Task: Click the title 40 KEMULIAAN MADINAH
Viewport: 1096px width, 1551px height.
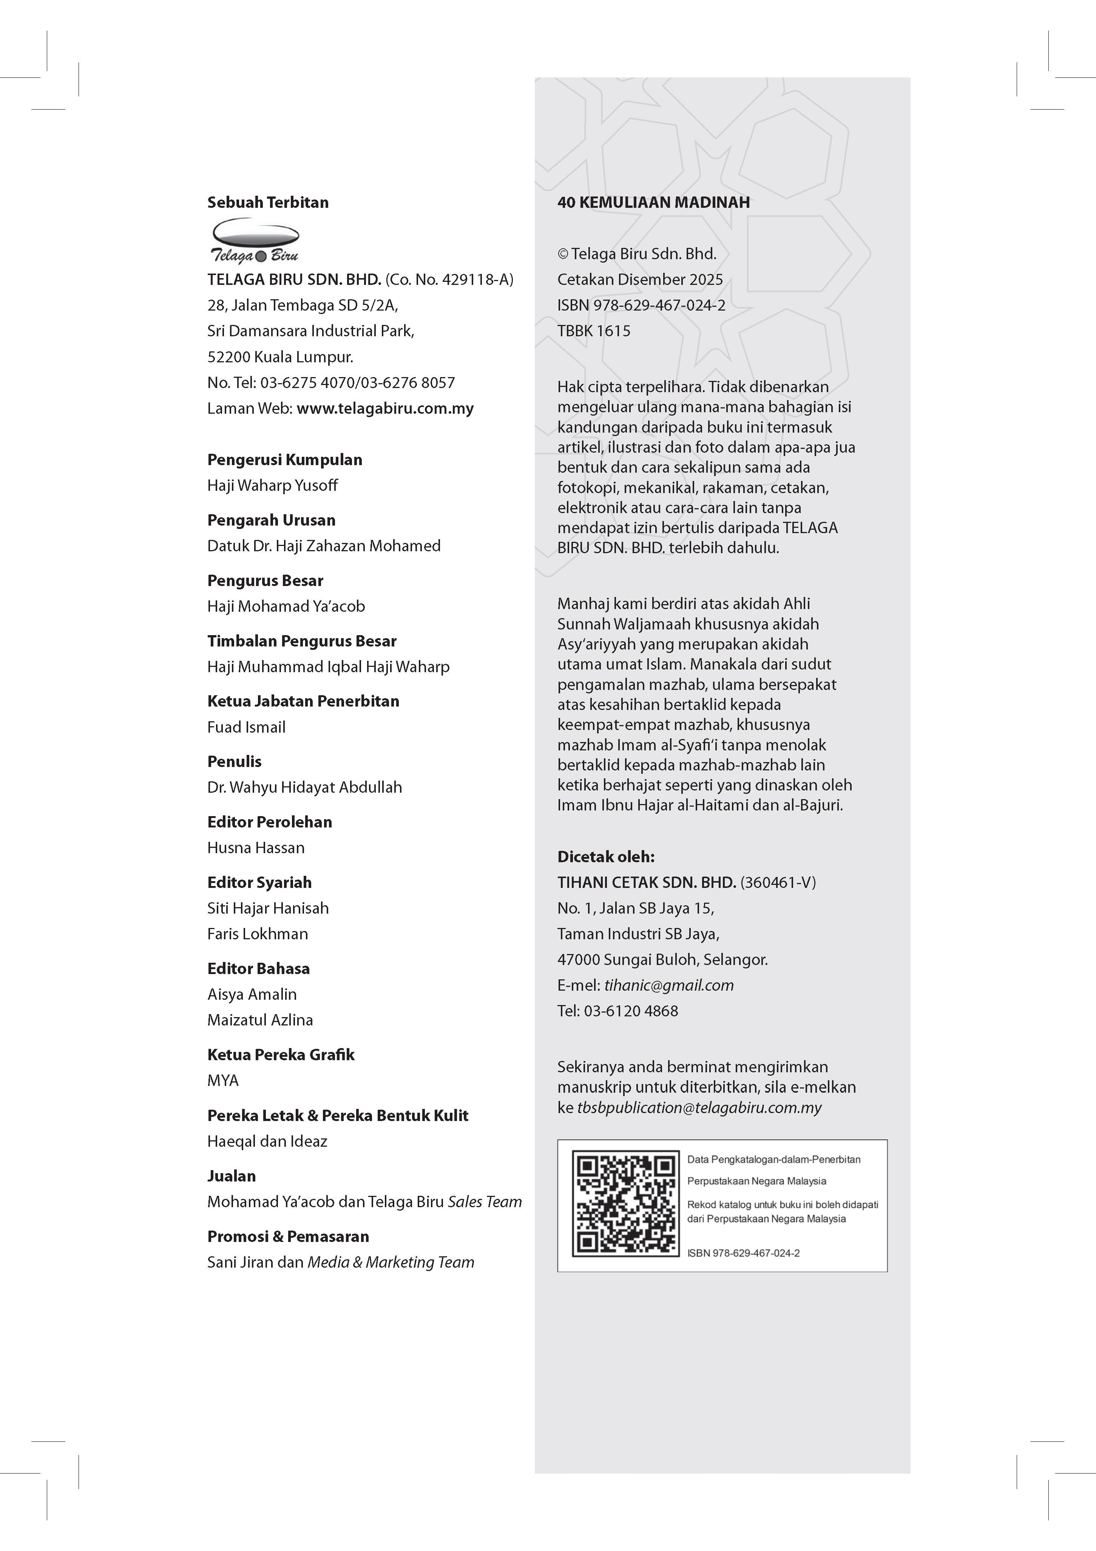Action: tap(653, 202)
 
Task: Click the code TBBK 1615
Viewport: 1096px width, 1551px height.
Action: tap(594, 331)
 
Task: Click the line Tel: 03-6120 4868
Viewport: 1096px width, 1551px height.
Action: tap(617, 1011)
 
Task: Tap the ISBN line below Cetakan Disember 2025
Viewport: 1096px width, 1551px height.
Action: tap(641, 305)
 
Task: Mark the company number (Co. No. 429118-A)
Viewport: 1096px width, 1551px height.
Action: tap(449, 280)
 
